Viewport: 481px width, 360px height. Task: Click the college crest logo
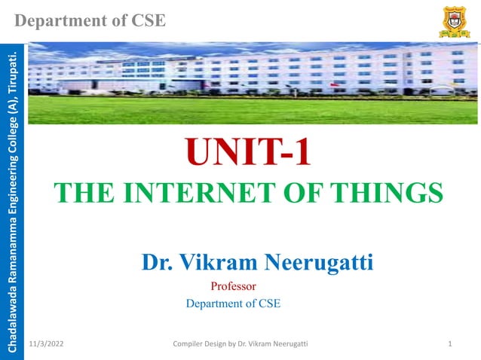point(454,21)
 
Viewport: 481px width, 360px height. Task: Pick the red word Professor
point(234,286)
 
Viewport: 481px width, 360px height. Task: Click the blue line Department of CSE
point(232,304)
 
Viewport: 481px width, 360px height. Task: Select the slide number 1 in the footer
point(449,344)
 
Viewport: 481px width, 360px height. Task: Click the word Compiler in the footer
point(189,344)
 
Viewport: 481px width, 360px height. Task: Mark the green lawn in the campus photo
point(249,111)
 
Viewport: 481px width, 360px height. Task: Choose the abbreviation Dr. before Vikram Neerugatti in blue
point(157,263)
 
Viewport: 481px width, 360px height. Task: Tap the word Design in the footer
point(222,344)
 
